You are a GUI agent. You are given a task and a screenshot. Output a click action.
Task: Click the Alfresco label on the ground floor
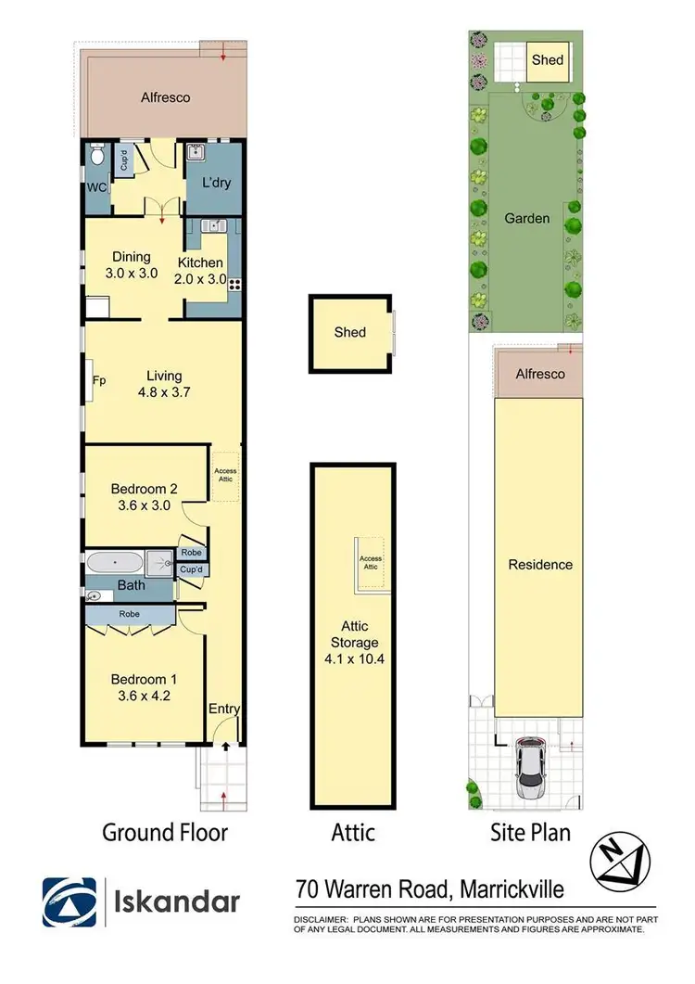166,96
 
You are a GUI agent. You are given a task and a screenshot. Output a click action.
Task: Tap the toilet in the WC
98,157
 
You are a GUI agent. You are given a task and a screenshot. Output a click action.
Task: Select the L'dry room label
215,183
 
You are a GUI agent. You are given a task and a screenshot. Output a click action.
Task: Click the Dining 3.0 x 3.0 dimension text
131,275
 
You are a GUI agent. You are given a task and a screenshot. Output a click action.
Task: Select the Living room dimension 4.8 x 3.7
163,392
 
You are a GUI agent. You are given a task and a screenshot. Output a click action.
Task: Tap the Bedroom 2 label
144,489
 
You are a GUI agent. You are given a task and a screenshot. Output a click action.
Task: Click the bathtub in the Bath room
116,562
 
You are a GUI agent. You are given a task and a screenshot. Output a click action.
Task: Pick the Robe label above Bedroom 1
129,613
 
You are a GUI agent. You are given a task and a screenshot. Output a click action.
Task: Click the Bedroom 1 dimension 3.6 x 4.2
144,694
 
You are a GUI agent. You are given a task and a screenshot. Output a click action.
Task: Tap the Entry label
224,709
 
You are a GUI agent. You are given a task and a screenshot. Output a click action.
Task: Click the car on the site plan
530,767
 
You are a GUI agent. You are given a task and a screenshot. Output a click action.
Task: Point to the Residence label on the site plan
540,565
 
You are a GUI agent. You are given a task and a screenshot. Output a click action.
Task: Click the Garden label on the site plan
527,219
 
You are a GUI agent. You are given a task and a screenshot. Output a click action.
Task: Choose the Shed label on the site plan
547,60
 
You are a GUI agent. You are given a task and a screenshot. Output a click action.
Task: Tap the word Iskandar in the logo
177,901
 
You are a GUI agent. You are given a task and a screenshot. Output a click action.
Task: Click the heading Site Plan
530,832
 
